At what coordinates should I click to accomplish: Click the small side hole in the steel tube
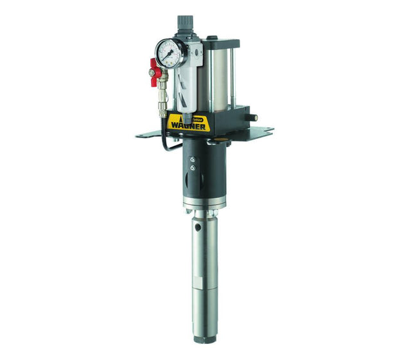point(198,227)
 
